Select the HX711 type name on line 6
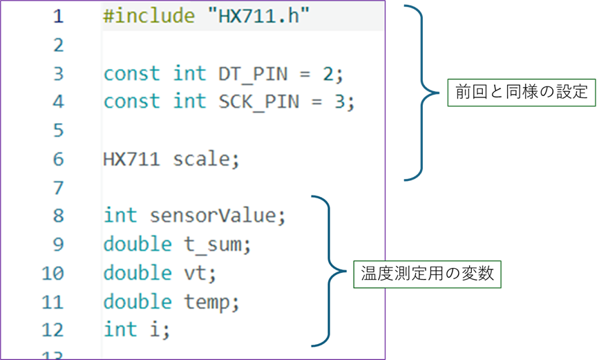[131, 159]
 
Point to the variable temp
[210, 301]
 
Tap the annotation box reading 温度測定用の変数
[428, 273]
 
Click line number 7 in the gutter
[58, 187]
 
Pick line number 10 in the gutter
[53, 273]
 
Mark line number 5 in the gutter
[58, 131]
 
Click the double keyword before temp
[137, 301]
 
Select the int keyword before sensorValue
[120, 216]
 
